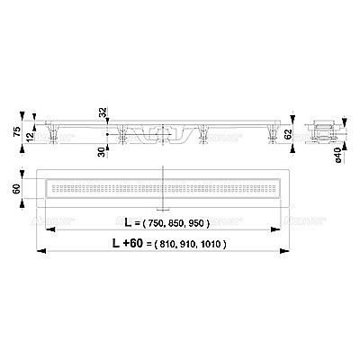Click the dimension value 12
click(x=31, y=134)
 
